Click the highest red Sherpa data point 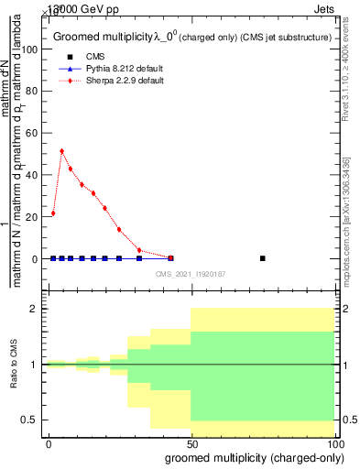(x=61, y=151)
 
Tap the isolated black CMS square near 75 (x=262, y=258)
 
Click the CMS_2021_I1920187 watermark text (x=190, y=273)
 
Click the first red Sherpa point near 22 (x=53, y=213)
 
